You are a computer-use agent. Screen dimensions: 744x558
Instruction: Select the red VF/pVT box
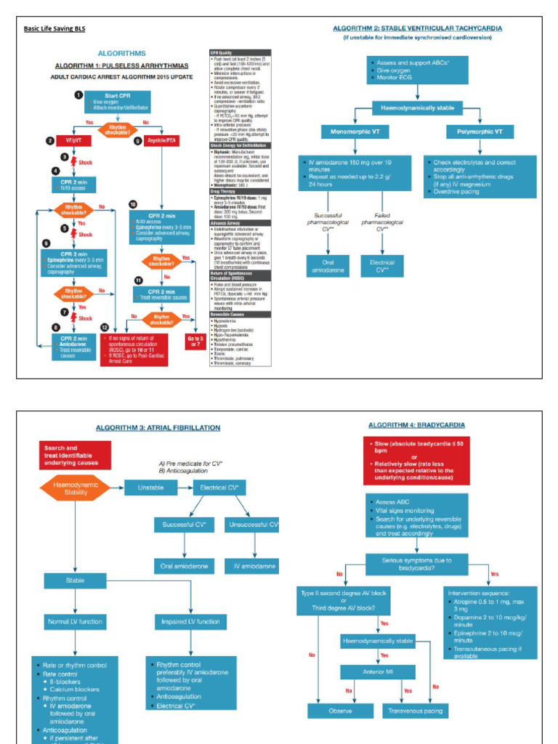[x=73, y=140]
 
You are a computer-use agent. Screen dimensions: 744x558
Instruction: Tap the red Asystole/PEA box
[x=154, y=140]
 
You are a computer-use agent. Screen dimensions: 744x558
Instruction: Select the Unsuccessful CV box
[x=254, y=525]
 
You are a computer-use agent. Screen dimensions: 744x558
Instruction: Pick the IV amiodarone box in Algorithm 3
[x=254, y=565]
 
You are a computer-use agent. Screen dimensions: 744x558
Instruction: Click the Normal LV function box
[x=76, y=622]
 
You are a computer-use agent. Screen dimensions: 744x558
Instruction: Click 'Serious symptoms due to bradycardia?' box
[x=417, y=565]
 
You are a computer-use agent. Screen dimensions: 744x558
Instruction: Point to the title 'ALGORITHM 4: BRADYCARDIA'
[x=417, y=425]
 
